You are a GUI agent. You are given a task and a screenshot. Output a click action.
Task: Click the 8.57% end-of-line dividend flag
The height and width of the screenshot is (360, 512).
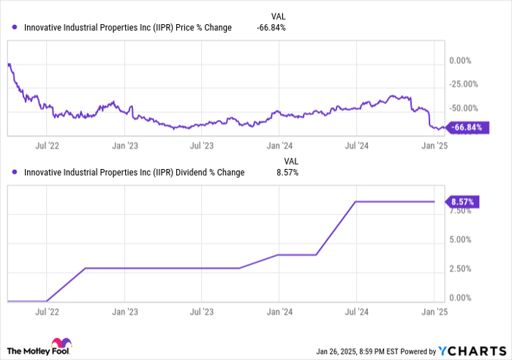point(463,201)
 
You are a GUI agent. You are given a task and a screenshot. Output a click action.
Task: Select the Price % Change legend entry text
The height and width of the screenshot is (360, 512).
point(127,28)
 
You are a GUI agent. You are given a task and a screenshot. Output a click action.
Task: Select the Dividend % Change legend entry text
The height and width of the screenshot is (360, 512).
point(134,173)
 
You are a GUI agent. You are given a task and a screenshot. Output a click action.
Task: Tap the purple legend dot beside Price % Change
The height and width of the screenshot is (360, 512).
point(15,28)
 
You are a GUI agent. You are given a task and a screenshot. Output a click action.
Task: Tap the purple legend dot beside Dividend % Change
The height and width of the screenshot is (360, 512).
point(15,173)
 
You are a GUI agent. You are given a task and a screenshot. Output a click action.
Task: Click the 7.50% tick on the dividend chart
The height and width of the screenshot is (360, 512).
point(462,211)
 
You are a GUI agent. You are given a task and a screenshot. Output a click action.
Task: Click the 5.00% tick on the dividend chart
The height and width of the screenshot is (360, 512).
point(462,239)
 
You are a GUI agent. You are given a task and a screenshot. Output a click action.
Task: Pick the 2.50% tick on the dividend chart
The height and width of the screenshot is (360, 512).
point(462,269)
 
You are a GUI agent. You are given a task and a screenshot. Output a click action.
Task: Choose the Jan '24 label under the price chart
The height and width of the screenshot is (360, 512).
point(279,145)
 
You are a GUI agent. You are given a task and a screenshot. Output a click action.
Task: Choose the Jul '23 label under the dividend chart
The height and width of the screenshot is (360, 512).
point(201,310)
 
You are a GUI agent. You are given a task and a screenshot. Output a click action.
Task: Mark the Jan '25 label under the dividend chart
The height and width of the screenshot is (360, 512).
point(434,310)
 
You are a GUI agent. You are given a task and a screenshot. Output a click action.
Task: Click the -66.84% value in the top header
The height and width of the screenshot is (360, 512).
point(271,28)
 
